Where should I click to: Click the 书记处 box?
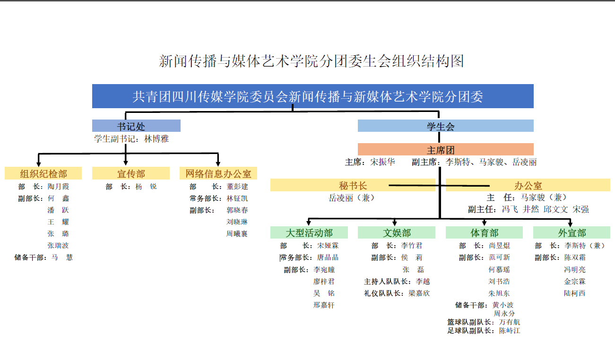tap(136, 126)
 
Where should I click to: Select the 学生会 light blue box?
tap(445, 126)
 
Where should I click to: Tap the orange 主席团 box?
tap(445, 150)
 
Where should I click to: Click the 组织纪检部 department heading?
tap(43, 173)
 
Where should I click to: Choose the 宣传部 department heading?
tap(131, 173)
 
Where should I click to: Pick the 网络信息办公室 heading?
tap(218, 173)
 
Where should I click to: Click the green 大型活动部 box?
tap(309, 233)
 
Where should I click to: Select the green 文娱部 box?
tap(397, 233)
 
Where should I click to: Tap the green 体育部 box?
tap(484, 233)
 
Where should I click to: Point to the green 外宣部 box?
tap(572, 233)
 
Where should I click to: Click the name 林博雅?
tap(156, 139)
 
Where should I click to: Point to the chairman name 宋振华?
tap(382, 162)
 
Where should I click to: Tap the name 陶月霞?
tap(58, 187)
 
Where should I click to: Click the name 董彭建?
tap(237, 187)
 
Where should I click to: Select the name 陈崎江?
tap(510, 331)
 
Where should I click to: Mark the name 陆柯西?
tap(574, 293)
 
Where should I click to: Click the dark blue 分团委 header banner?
tap(312, 96)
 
